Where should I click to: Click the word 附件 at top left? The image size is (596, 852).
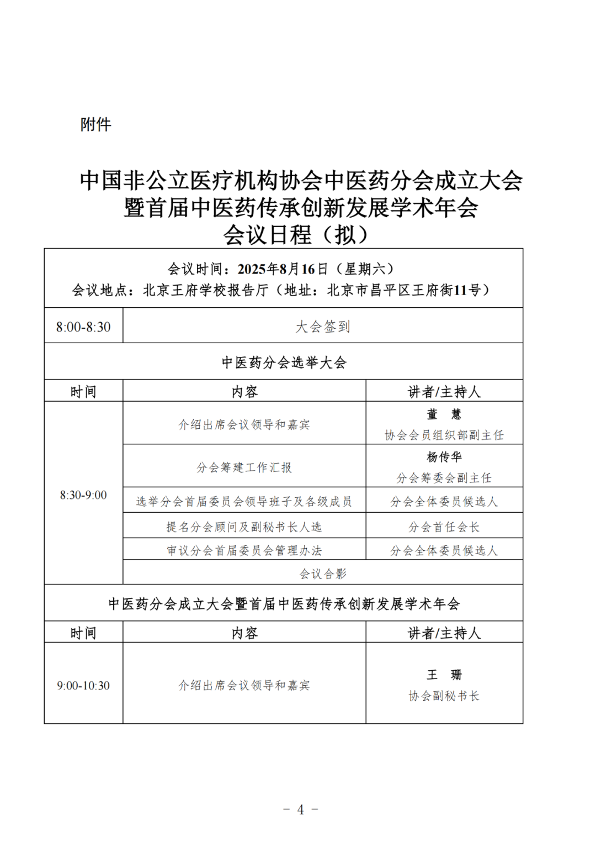click(95, 124)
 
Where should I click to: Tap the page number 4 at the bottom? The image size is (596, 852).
click(300, 809)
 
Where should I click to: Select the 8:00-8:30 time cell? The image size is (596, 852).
click(83, 327)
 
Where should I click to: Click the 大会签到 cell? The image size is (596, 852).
click(323, 327)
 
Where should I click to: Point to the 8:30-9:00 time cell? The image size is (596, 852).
click(83, 495)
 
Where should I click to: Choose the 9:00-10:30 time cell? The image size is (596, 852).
click(83, 685)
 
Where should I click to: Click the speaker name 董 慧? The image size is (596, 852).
click(444, 414)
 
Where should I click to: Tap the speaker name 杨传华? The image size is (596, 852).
click(444, 457)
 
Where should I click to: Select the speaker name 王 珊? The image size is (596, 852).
click(444, 675)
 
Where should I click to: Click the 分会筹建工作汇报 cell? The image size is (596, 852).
click(244, 467)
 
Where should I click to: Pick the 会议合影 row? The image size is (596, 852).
click(323, 574)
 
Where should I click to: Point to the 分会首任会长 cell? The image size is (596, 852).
click(444, 527)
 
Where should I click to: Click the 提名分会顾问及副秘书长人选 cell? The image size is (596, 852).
click(244, 527)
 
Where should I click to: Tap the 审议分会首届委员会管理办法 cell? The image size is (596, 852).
click(244, 550)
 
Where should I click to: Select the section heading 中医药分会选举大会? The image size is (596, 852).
click(284, 362)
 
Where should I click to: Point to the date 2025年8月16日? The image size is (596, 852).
click(283, 269)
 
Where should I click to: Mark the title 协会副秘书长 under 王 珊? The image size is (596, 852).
click(444, 696)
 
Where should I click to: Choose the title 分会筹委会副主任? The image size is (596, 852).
click(444, 477)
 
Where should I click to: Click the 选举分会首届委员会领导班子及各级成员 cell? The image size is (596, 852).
click(244, 502)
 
